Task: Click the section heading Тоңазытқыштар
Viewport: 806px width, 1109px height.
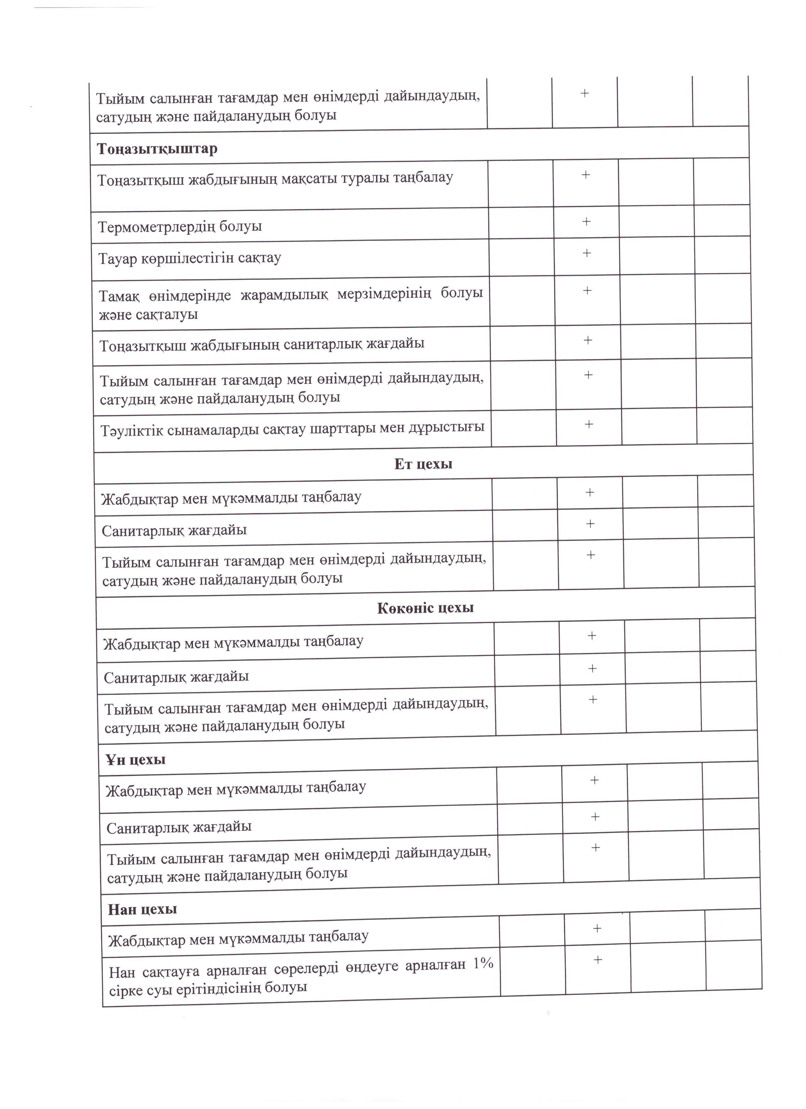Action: coord(157,148)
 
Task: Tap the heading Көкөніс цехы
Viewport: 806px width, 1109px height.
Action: coord(425,608)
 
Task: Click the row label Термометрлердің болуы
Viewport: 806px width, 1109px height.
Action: coord(180,227)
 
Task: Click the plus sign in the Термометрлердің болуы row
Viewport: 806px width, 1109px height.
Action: coord(586,221)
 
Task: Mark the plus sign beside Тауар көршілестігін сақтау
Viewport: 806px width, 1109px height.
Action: coord(586,253)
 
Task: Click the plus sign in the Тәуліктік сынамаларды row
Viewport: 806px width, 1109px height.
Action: coord(588,424)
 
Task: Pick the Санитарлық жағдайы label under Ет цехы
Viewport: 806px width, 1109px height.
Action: coord(174,530)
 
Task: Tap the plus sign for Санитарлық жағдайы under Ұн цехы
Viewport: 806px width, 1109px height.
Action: coord(595,817)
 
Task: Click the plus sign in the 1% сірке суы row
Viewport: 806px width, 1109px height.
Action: coord(597,959)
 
